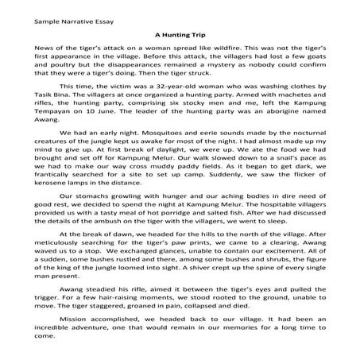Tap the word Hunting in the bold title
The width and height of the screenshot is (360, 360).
pos(179,34)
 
